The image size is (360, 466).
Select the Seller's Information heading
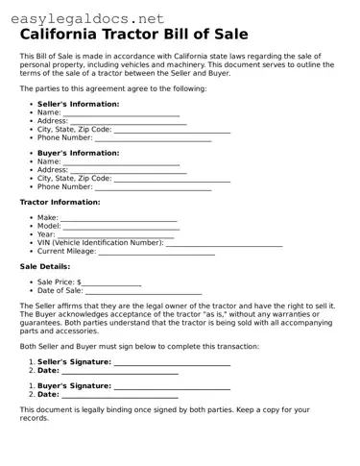click(x=78, y=103)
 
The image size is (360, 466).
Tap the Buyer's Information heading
click(x=78, y=153)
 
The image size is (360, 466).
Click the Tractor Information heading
click(x=60, y=203)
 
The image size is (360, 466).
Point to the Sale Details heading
click(x=45, y=266)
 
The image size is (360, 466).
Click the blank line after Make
click(x=119, y=220)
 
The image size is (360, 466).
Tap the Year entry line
click(x=116, y=236)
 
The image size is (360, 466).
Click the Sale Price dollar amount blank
click(x=111, y=283)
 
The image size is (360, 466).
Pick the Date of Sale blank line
click(x=143, y=291)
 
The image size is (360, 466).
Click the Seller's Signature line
click(x=172, y=363)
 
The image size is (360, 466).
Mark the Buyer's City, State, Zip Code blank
click(x=172, y=179)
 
